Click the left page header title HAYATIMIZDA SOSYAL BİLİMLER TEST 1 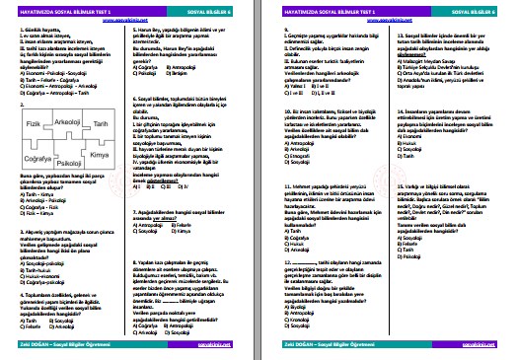click(65, 9)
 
